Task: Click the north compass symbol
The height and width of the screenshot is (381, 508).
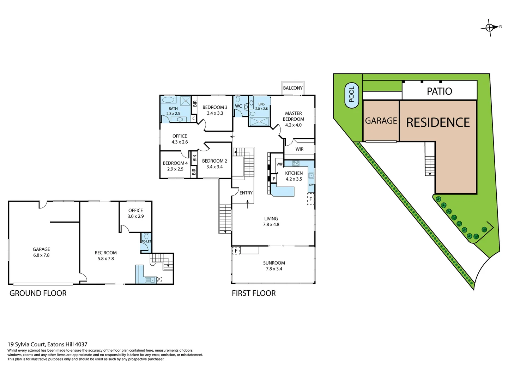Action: pos(489,28)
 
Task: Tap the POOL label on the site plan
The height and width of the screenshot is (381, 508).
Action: pos(351,94)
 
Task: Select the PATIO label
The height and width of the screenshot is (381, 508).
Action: pos(439,91)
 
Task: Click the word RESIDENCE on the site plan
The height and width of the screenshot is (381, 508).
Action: pos(438,122)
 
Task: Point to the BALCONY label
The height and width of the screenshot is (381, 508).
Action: pos(292,88)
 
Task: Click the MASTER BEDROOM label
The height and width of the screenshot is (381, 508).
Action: pos(293,119)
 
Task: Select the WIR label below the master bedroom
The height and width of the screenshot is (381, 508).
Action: pos(299,149)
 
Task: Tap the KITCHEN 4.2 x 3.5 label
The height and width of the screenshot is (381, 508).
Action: pos(294,176)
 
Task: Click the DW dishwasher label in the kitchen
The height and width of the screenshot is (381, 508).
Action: pos(311,185)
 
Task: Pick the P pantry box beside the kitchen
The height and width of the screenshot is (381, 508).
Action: pos(274,179)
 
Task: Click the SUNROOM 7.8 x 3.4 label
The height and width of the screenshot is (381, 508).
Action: pos(274,266)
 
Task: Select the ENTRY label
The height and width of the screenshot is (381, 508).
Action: pos(246,193)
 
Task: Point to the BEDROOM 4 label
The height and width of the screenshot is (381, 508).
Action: pos(175,166)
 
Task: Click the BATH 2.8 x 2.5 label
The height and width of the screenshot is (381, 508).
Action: pos(173,111)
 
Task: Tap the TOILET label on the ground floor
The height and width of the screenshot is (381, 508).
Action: pos(146,241)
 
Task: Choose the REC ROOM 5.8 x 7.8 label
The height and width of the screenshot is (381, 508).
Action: pos(105,255)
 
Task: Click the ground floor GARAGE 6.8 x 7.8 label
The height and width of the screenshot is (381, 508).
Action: pos(41,252)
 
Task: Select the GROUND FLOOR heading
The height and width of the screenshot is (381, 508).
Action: pos(38,293)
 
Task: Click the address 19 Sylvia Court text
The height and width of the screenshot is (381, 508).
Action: pos(47,344)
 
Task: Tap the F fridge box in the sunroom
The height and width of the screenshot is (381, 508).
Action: pos(236,251)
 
